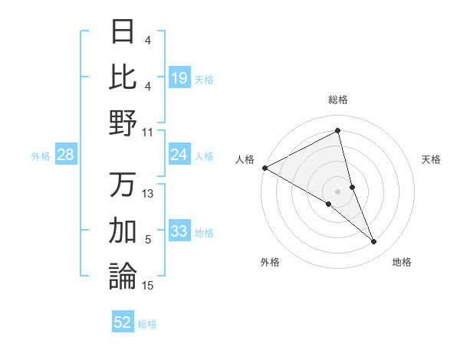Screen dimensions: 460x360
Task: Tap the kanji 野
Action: (123, 123)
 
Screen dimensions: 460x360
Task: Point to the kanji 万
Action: (123, 185)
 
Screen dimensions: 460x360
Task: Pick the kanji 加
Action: (123, 230)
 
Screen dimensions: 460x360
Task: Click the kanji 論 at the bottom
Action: (123, 276)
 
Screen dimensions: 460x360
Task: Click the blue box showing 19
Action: (179, 77)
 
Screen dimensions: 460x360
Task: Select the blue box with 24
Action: (179, 155)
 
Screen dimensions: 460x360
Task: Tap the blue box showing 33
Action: (179, 231)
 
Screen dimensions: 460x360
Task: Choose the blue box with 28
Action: (66, 155)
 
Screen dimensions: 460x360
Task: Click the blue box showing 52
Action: (123, 322)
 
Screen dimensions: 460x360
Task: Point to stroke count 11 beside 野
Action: (148, 132)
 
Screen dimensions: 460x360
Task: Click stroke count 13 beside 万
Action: (148, 194)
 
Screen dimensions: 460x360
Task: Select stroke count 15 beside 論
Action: (148, 286)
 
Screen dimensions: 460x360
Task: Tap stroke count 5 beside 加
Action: (148, 240)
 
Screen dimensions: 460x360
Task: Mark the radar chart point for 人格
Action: (264, 168)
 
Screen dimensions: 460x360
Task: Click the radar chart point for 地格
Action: (373, 242)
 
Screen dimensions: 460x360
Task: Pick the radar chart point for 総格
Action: (337, 131)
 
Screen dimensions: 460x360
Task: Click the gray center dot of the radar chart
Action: (337, 190)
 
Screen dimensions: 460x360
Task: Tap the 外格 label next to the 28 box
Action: (41, 155)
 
